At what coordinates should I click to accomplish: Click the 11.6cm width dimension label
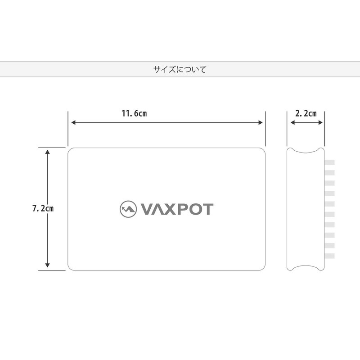click(x=134, y=113)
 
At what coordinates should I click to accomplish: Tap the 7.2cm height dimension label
click(x=43, y=209)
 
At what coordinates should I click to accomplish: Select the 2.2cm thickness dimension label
click(x=306, y=113)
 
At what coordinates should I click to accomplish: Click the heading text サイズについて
click(x=180, y=70)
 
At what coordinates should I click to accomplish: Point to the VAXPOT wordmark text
click(x=177, y=209)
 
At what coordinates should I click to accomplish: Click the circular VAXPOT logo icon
click(x=128, y=209)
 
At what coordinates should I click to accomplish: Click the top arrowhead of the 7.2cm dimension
click(x=48, y=152)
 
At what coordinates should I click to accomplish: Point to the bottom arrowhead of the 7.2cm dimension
click(x=48, y=265)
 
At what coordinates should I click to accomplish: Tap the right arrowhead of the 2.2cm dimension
click(x=321, y=122)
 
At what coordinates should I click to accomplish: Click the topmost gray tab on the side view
click(x=329, y=162)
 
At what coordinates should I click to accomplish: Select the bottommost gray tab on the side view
click(x=329, y=256)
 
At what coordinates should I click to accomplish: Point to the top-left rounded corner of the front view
click(x=70, y=150)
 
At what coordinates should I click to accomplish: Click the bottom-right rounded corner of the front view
click(x=262, y=268)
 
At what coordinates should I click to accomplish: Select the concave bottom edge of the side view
click(x=306, y=267)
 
